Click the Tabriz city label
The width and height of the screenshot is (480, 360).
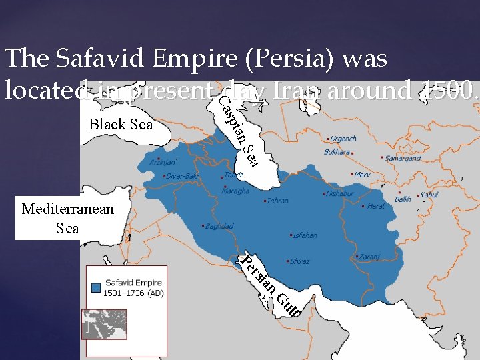point(234,175)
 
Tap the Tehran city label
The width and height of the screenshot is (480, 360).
point(277,201)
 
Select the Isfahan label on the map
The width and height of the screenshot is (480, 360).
point(305,235)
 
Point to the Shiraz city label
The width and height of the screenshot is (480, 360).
point(300,261)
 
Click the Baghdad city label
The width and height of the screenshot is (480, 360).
point(219,227)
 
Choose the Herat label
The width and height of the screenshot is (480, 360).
point(376,206)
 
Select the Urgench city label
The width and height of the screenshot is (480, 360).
point(343,139)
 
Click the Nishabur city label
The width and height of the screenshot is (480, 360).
point(339,193)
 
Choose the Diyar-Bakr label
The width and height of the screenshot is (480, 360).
point(183,176)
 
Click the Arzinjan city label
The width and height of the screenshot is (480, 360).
point(163,162)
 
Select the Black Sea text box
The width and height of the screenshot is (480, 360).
point(121,125)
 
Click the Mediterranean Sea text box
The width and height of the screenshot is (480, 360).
point(67,219)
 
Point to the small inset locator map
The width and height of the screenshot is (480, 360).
point(103,325)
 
